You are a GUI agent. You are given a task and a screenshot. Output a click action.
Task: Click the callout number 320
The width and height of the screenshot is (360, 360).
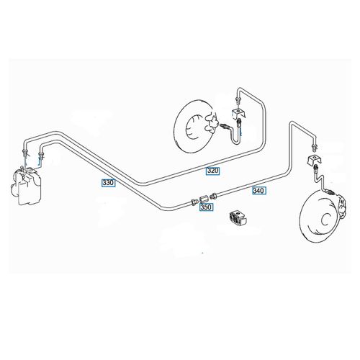[x=213, y=171]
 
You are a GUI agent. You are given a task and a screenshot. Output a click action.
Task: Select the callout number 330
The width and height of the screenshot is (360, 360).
[x=108, y=183]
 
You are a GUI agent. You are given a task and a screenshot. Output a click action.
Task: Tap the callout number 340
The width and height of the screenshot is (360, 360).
[x=259, y=191]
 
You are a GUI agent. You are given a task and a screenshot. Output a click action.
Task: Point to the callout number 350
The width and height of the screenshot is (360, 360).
[x=206, y=207]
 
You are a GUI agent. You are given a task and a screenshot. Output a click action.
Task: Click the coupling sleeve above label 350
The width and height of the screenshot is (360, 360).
[x=203, y=199]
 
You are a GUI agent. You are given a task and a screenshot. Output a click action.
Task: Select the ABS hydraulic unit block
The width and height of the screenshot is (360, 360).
[x=26, y=186]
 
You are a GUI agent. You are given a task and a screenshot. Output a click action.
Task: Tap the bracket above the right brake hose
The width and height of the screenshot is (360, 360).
[x=312, y=159]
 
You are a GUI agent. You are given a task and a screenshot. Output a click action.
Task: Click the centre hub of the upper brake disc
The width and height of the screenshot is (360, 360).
[x=195, y=127]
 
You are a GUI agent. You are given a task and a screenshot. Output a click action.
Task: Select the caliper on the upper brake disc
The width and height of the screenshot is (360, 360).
[x=212, y=124]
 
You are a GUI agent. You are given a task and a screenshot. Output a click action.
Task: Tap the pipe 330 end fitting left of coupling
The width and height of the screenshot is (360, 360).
[x=194, y=202]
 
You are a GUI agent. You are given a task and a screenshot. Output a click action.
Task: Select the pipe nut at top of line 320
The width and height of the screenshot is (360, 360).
[x=238, y=99]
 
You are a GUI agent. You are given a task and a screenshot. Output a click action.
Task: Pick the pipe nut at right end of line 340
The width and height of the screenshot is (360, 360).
[x=314, y=147]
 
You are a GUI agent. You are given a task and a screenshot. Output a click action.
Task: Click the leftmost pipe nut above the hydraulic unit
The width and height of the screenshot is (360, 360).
[x=25, y=152]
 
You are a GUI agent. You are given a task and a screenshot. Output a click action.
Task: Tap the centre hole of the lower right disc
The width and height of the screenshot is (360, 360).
[x=326, y=219]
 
